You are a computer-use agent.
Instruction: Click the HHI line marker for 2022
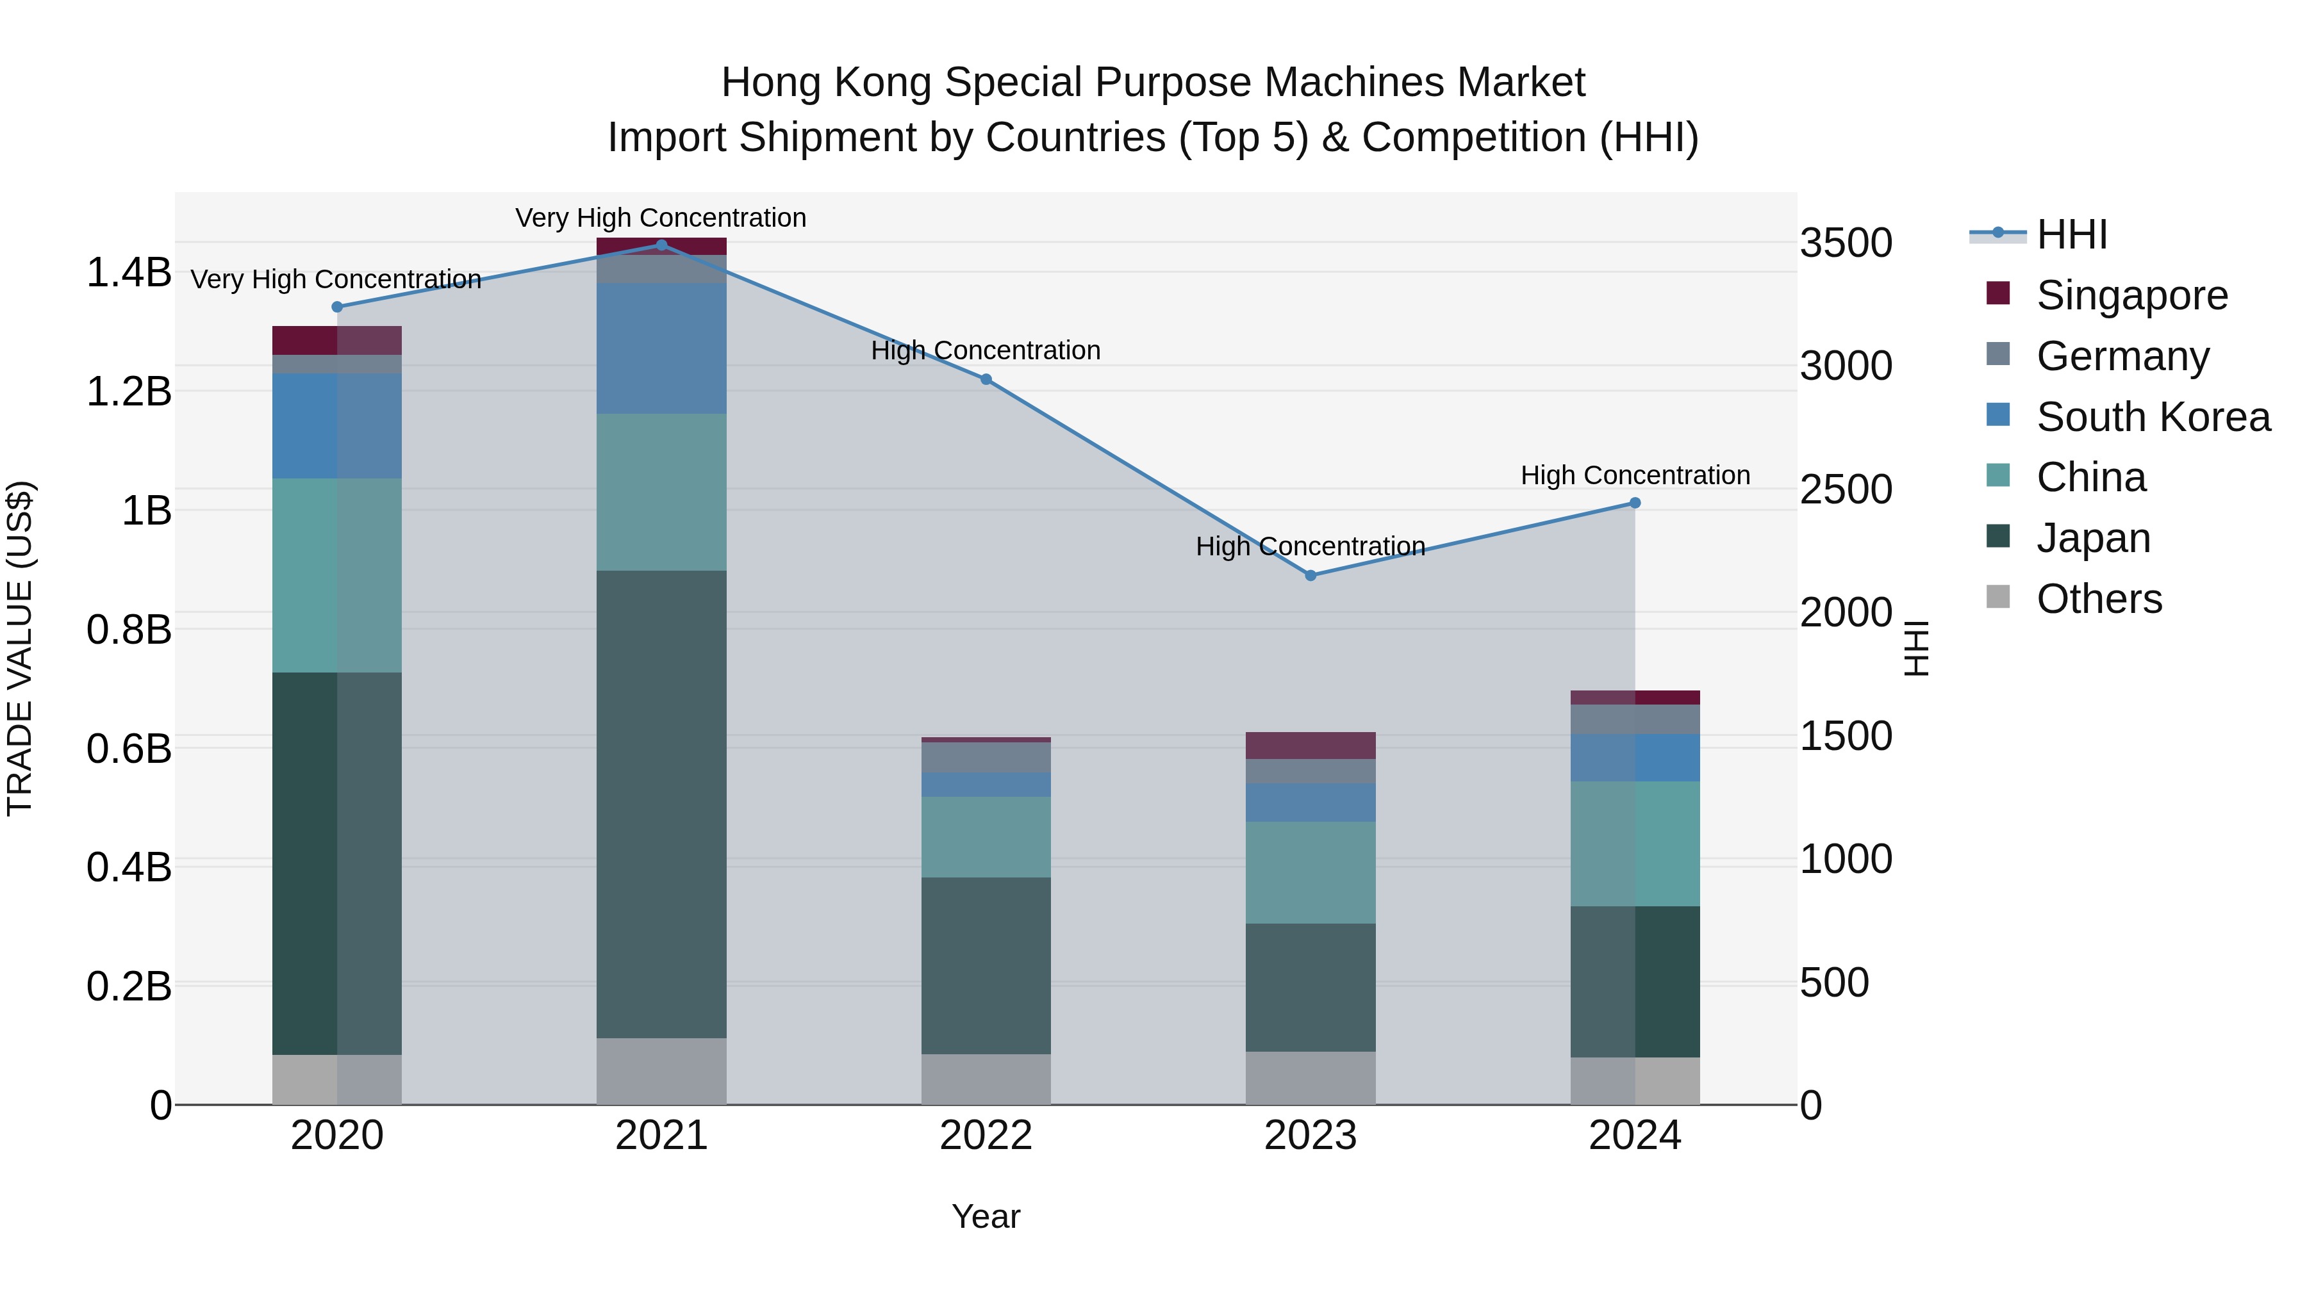coord(986,380)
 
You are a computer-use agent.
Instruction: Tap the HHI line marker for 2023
coord(1311,576)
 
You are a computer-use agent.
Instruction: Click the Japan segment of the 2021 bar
coord(662,804)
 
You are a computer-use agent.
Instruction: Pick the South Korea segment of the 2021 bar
coord(662,348)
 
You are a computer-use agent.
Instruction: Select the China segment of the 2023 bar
coord(1311,873)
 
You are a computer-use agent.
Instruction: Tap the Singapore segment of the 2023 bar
coord(1311,746)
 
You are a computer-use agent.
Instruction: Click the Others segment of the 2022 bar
coord(986,1079)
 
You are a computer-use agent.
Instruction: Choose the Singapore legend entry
coord(2131,295)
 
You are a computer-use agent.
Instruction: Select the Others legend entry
coord(2098,599)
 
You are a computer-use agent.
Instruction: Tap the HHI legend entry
coord(2071,234)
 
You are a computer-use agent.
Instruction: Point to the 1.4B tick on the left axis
coord(129,272)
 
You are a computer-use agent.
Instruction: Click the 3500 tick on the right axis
coord(1846,243)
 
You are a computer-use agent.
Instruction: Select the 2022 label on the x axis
coord(986,1136)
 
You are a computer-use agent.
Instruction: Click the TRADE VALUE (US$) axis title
coord(20,649)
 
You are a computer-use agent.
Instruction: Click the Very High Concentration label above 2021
coord(661,218)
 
